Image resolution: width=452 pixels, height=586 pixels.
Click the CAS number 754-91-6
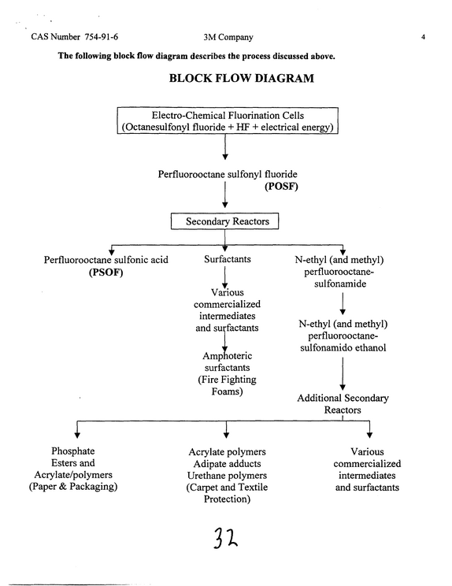pos(102,36)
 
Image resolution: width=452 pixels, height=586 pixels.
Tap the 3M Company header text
pos(228,37)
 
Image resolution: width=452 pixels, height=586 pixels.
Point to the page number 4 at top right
pos(423,37)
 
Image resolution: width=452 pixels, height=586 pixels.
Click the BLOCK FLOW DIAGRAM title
pos(241,78)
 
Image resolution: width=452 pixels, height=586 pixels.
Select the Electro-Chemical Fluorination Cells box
pos(228,121)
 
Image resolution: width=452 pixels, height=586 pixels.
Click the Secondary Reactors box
pos(224,221)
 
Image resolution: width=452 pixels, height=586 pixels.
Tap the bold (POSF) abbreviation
pos(281,186)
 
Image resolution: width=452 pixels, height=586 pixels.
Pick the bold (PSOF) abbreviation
pos(106,272)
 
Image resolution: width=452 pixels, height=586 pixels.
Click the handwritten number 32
pos(225,538)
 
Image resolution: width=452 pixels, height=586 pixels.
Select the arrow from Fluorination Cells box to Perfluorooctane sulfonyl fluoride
pos(225,146)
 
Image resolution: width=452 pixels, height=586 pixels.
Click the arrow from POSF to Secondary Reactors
pos(225,195)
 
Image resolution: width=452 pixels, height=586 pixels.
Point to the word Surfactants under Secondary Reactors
pos(227,259)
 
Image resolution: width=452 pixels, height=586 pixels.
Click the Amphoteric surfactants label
pos(227,362)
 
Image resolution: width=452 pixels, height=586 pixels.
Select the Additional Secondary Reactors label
pos(343,404)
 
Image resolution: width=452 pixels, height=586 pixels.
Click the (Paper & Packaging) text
pos(73,487)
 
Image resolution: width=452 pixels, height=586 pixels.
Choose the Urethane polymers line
pos(227,476)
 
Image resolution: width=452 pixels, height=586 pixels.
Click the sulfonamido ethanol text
pos(343,347)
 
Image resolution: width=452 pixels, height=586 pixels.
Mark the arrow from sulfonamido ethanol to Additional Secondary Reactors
pos(343,374)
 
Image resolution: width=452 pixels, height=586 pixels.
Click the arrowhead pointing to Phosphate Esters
pos(77,435)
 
